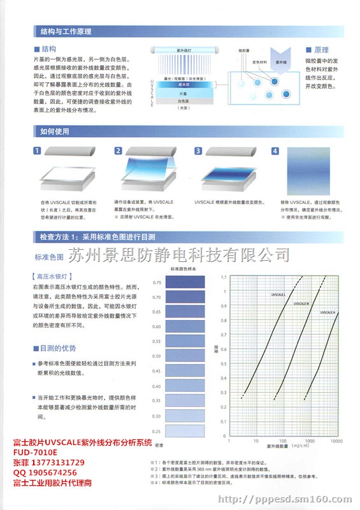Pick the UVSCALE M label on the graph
coord(302,303)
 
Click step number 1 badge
coord(38,151)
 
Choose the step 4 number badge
coord(275,151)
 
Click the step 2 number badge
coord(118,151)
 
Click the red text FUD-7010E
coord(36,452)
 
